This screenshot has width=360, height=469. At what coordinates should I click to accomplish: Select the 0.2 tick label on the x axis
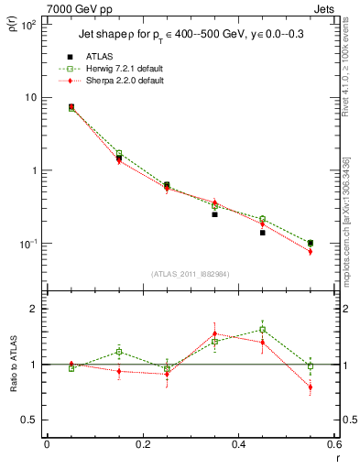click(142, 445)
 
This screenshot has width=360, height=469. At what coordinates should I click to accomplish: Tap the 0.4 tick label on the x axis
click(238, 445)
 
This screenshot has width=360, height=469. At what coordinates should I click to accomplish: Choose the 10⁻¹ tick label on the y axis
click(29, 244)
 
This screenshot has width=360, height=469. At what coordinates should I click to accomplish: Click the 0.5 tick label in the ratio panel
click(31, 420)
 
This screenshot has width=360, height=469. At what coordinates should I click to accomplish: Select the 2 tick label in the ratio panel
click(35, 310)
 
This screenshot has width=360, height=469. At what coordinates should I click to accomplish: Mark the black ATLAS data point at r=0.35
click(214, 214)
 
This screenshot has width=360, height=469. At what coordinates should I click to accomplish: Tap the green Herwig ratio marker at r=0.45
click(262, 330)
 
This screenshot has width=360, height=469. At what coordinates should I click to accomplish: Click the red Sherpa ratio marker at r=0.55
click(311, 387)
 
